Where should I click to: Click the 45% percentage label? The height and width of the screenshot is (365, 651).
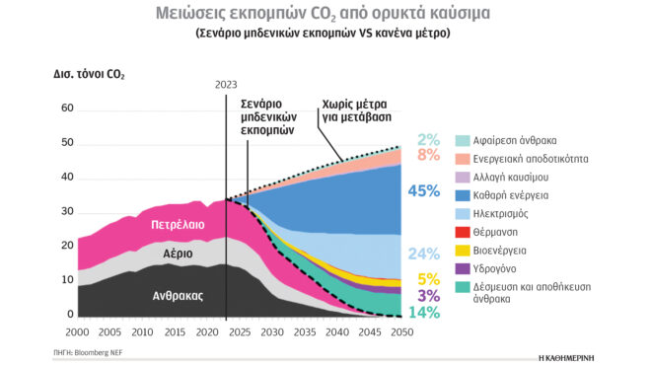click(423, 191)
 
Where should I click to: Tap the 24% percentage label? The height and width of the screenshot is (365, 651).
click(423, 254)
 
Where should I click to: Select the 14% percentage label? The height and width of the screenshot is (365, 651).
click(423, 313)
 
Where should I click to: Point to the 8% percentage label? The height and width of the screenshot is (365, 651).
click(428, 155)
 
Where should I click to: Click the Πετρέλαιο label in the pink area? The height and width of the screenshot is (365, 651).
click(178, 225)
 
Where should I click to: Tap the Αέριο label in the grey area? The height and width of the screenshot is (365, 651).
click(178, 254)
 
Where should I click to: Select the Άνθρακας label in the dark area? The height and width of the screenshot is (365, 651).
click(178, 294)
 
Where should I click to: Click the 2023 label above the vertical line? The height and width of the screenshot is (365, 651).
click(226, 84)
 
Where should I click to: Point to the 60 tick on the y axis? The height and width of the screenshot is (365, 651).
click(68, 109)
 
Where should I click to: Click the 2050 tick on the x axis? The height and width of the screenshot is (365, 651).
click(400, 332)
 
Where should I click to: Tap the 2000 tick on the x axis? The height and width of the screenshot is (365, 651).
click(77, 332)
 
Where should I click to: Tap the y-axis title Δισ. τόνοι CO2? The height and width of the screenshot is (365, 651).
click(89, 75)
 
